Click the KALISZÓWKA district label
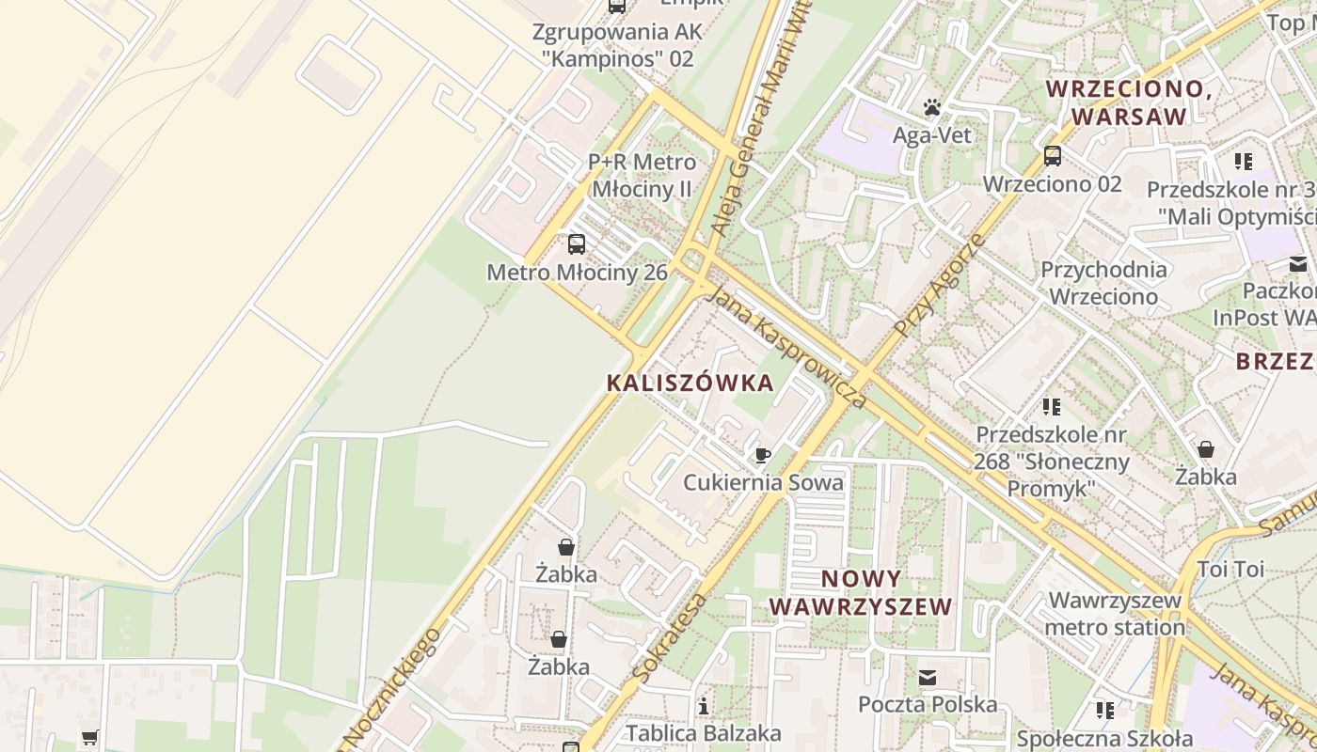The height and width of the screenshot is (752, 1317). (690, 383)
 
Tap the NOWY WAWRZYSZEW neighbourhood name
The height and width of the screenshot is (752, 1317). (861, 592)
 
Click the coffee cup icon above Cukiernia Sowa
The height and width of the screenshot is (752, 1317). (763, 456)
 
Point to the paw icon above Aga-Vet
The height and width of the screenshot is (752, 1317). (932, 107)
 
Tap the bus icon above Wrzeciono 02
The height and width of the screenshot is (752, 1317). (1053, 155)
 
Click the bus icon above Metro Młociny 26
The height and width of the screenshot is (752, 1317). (577, 244)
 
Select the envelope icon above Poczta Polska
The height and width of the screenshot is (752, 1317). (928, 678)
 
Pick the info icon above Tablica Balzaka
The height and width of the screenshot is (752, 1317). (704, 706)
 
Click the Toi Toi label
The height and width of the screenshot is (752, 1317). (1230, 569)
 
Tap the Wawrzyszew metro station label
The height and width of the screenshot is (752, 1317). (1115, 614)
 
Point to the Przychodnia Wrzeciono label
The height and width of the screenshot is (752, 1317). (1103, 283)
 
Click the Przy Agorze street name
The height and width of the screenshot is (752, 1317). (940, 286)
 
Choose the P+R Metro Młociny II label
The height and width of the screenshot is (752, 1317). (642, 176)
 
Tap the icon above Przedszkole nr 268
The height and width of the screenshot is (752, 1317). (1052, 407)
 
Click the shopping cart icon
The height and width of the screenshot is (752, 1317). (89, 737)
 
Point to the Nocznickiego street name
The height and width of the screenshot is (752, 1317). (392, 689)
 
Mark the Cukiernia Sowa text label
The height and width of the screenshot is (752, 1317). (763, 482)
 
